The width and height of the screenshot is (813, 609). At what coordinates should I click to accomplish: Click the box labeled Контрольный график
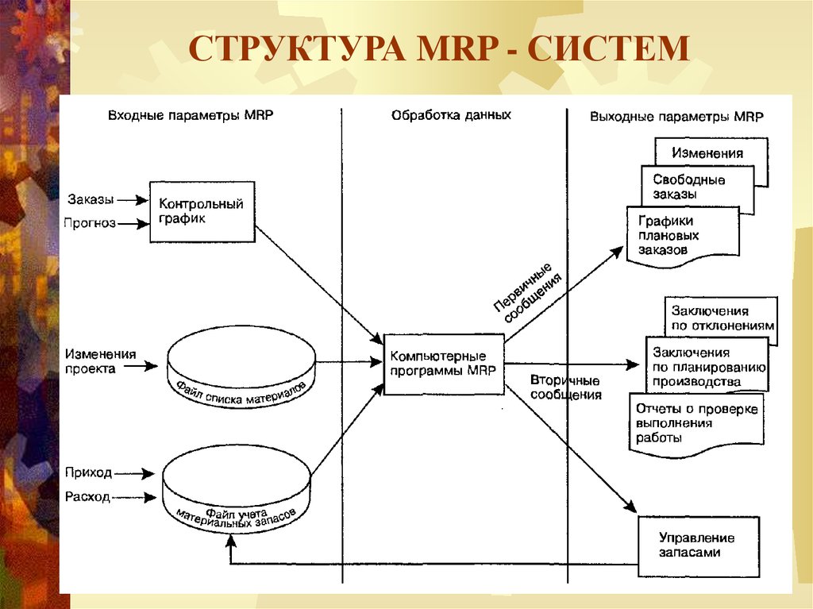coord(202,212)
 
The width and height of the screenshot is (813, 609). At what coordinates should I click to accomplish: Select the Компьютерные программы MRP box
coord(444,364)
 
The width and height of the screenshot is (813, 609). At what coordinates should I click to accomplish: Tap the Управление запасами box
coord(699,546)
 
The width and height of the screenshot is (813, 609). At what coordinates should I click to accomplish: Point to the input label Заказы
coord(91,199)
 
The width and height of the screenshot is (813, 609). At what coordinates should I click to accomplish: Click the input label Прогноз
coord(89,223)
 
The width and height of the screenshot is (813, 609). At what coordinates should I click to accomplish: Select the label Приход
coord(88,472)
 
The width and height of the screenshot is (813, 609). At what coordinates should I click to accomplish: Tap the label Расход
coord(87,497)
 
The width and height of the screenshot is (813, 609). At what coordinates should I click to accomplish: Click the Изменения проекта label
coord(100,361)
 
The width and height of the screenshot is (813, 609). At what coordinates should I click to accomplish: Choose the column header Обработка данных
coord(451,115)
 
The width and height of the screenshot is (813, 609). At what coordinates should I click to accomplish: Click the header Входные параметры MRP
coord(191,115)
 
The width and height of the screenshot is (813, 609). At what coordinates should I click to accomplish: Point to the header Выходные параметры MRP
coord(676,117)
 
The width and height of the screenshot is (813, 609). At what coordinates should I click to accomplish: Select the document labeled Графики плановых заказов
coord(683,237)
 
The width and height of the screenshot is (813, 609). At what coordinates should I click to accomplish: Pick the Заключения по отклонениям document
coord(721,318)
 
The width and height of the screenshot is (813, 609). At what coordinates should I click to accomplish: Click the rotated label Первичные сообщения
coord(527,294)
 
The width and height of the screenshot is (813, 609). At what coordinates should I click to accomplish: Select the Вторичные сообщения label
coord(565,387)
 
